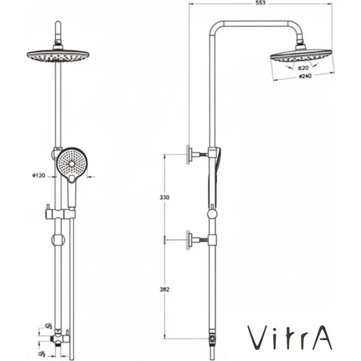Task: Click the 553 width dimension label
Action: click(260, 3)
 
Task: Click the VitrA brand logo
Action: click(290, 337)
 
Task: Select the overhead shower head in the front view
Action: click(58, 55)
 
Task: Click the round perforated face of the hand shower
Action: click(72, 162)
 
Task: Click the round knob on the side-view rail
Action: click(212, 213)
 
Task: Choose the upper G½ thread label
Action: click(48, 326)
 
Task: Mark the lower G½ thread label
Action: click(42, 353)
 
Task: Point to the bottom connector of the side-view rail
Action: click(212, 337)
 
